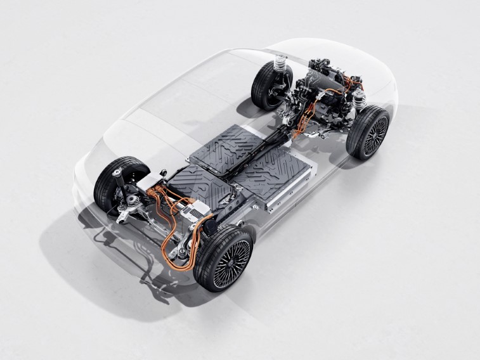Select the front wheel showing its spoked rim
368,132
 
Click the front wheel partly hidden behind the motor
269,86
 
